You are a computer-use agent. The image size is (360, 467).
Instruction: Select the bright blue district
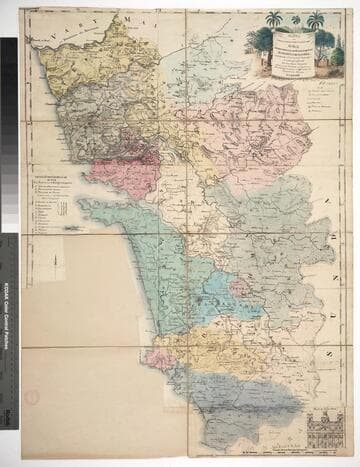[x=215, y=300]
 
